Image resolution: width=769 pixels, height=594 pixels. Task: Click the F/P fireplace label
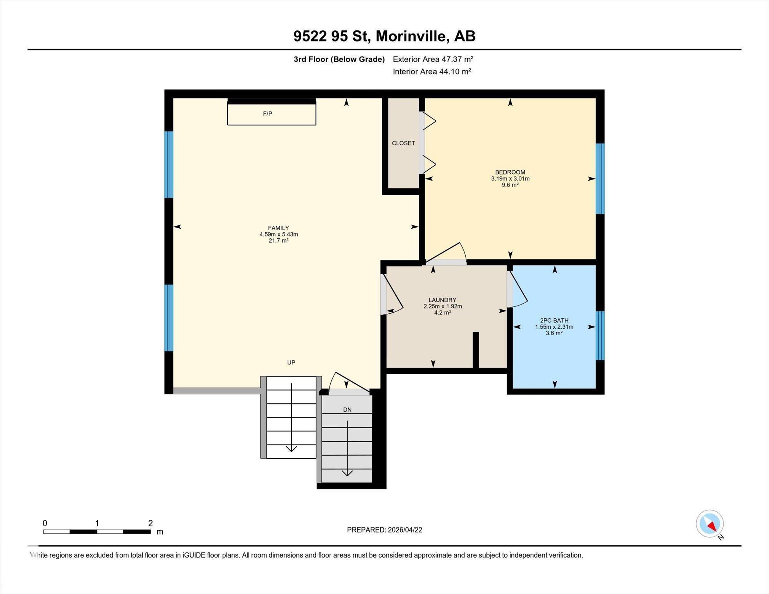268,113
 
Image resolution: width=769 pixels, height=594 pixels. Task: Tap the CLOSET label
403,143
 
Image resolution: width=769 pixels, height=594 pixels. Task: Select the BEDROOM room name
510,172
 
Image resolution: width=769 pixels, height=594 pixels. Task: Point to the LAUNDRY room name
443,300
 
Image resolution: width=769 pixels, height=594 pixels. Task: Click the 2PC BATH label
554,320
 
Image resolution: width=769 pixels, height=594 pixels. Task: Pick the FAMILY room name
278,228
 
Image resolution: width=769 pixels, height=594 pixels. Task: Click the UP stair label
291,362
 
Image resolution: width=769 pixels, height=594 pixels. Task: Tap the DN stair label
347,409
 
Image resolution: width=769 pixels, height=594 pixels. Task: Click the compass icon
710,524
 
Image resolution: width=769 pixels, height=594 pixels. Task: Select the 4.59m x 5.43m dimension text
279,234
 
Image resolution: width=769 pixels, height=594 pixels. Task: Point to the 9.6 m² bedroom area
510,185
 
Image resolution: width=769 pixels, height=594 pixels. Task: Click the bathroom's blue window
600,335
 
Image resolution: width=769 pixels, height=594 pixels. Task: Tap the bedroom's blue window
600,178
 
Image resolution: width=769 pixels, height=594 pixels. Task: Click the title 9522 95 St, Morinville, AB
384,36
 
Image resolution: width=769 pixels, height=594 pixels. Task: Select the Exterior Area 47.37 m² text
433,59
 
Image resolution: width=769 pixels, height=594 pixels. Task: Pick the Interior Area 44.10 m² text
432,72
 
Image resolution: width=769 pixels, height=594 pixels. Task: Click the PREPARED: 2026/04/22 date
384,530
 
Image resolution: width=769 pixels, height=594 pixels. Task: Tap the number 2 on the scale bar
150,523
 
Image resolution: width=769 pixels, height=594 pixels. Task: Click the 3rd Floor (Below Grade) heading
339,59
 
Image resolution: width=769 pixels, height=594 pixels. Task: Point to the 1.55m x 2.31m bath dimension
554,327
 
